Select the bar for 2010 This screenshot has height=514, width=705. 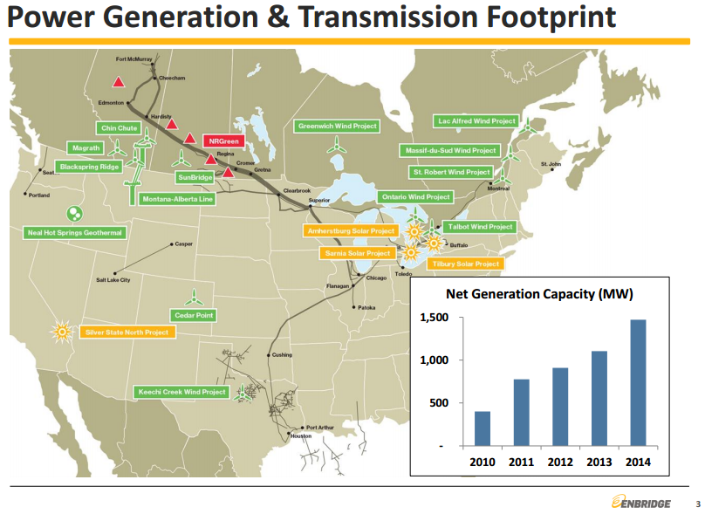tap(482, 428)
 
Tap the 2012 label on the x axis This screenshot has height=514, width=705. tap(560, 462)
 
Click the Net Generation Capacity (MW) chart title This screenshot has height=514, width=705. tap(539, 293)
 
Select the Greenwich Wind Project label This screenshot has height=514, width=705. tap(338, 127)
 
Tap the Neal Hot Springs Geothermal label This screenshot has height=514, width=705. tap(75, 233)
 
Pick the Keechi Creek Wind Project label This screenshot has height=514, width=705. tap(182, 392)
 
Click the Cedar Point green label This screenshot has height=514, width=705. tap(195, 315)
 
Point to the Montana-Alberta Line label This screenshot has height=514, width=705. tap(177, 199)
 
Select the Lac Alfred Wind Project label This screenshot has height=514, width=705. tap(476, 120)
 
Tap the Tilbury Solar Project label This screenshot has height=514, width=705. tap(466, 263)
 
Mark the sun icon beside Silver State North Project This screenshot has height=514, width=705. tap(61, 331)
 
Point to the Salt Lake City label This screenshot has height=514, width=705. tap(113, 280)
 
